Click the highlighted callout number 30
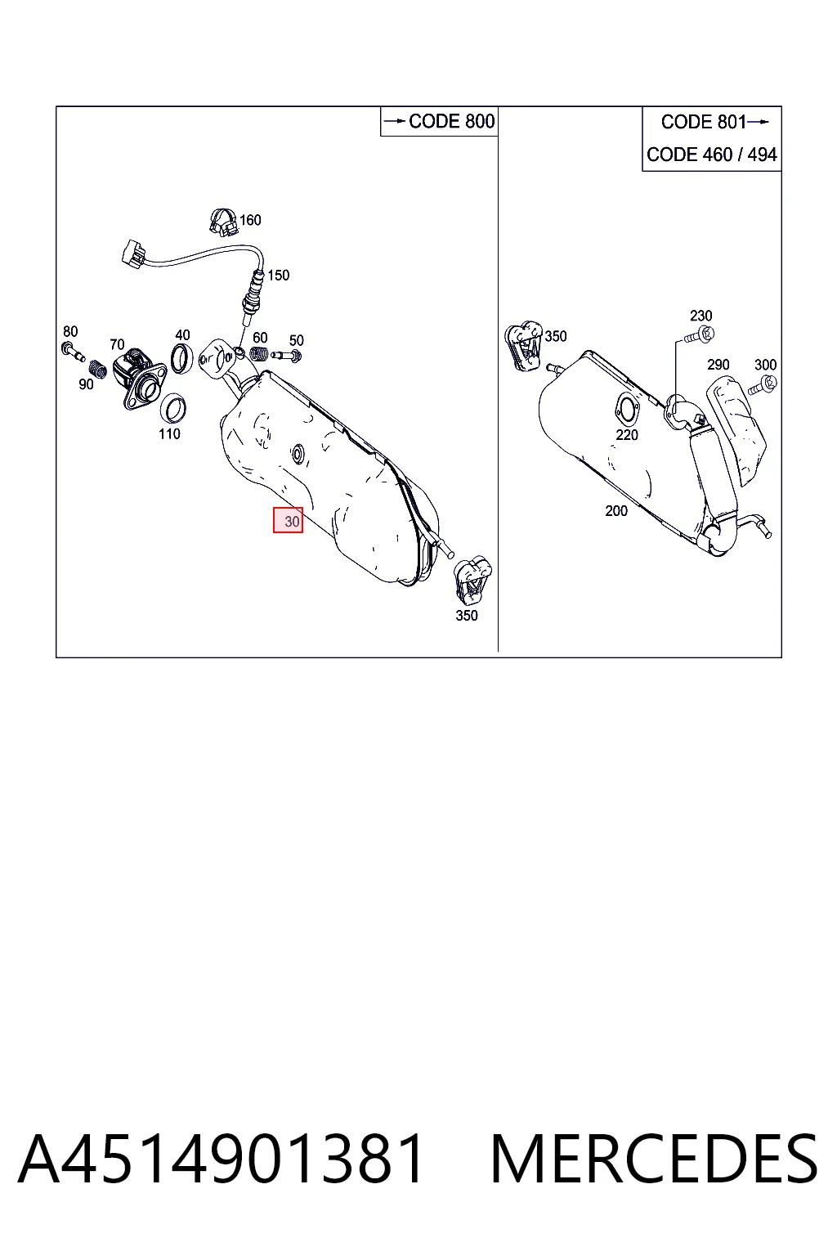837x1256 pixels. click(x=289, y=520)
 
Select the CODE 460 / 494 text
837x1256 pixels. click(x=711, y=155)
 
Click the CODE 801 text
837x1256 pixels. click(x=704, y=122)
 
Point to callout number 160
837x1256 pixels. click(x=250, y=220)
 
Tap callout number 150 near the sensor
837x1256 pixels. click(x=279, y=276)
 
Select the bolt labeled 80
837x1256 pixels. click(x=73, y=351)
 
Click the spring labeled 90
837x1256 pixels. click(x=97, y=369)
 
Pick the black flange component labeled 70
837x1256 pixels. click(x=138, y=377)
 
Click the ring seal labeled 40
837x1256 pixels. click(x=181, y=359)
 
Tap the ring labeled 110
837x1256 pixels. click(x=173, y=408)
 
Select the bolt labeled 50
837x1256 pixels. click(x=286, y=355)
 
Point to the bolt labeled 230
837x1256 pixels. click(x=700, y=335)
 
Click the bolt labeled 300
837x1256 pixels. click(x=763, y=386)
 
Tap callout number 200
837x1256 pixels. click(x=616, y=511)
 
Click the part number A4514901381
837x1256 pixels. click(x=221, y=1159)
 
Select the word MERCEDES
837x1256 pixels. click(x=654, y=1159)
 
